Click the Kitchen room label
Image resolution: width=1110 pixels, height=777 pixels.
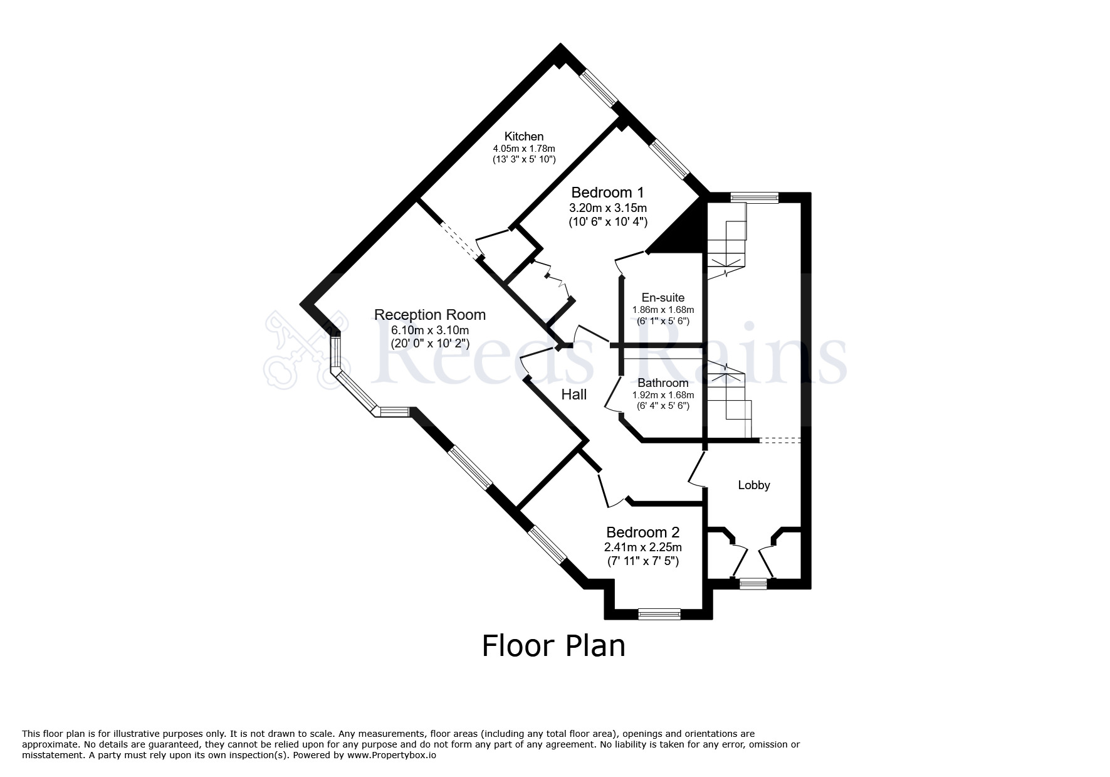point(524,136)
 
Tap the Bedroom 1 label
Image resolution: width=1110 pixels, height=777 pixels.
point(607,193)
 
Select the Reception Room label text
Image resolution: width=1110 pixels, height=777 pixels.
point(429,315)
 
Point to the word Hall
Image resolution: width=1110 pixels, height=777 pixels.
point(573,394)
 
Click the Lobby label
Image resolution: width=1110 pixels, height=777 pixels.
point(753,485)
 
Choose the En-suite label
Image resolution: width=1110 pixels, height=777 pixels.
point(662,298)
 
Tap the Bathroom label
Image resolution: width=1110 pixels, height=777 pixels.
point(662,383)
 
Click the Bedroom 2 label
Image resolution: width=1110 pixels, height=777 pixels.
point(642,532)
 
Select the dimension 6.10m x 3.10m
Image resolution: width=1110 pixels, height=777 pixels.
point(429,330)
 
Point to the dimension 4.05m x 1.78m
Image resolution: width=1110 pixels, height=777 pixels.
point(524,149)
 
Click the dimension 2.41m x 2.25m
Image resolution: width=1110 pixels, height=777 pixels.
point(642,547)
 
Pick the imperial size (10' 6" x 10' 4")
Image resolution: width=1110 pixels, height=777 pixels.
point(607,222)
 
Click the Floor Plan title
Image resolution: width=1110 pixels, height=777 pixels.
point(553,646)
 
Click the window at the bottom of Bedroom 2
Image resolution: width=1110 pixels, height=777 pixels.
point(659,614)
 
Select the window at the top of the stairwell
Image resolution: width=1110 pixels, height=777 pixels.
point(755,198)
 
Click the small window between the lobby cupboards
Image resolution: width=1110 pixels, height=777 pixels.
point(753,584)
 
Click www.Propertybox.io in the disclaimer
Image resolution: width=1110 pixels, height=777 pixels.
point(391,756)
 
